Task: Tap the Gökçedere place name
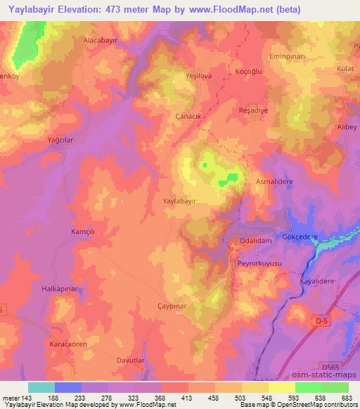click(x=302, y=238)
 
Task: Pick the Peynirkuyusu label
click(x=259, y=262)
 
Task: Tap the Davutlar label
click(x=132, y=361)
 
